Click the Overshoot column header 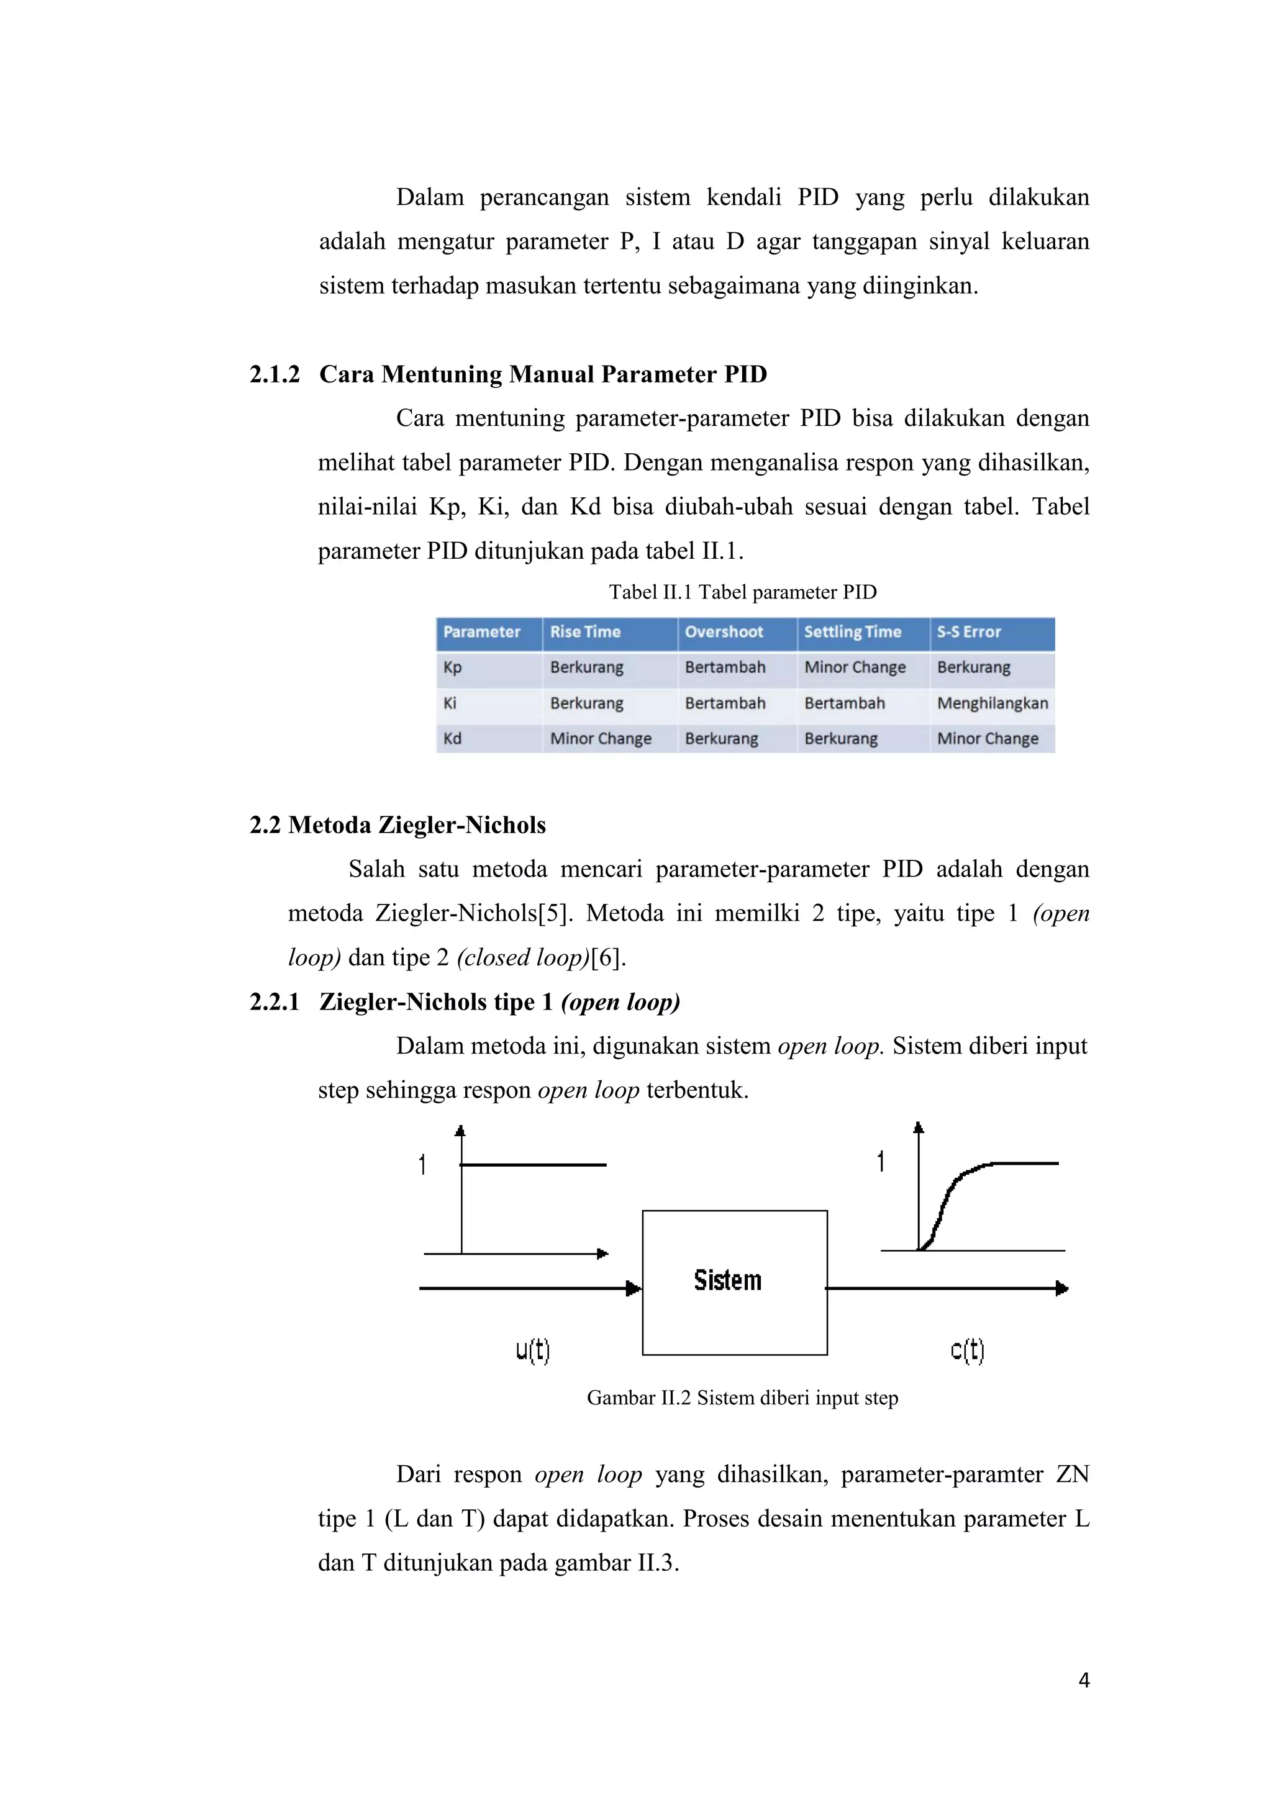coord(723,632)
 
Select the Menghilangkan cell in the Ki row coord(992,703)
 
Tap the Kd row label coord(452,738)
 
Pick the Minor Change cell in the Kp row coord(855,667)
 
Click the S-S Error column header coord(968,632)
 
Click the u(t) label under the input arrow coord(533,1350)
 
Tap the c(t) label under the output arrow coord(966,1350)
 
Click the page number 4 coord(1084,1681)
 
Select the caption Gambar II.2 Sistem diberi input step coord(742,1398)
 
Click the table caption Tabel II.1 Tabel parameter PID coord(742,592)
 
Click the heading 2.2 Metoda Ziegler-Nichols coord(397,824)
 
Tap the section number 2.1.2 coord(274,374)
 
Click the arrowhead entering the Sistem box coord(633,1288)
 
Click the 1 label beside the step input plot coord(422,1165)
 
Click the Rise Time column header coord(584,632)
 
